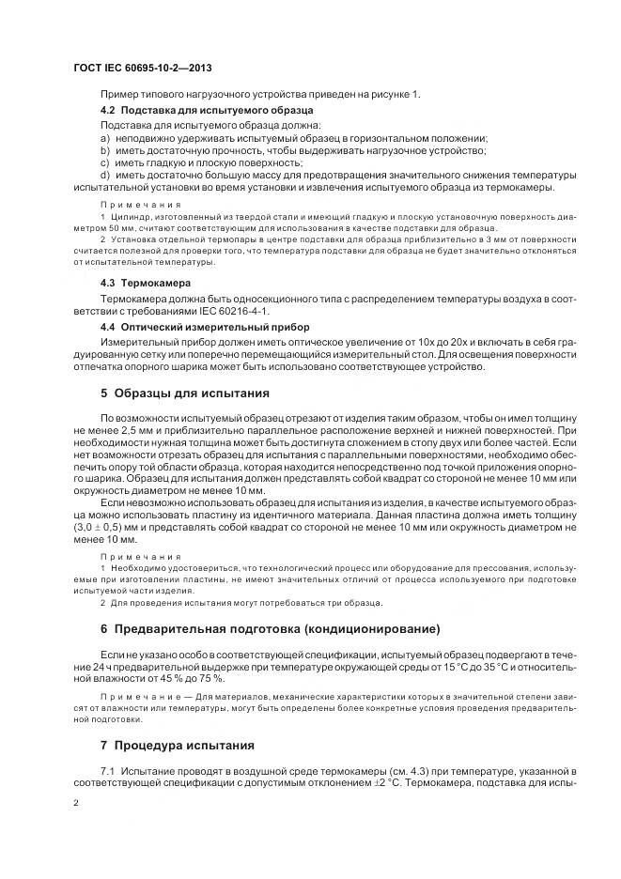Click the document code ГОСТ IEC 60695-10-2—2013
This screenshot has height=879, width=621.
coord(141,68)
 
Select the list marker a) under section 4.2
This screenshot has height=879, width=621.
coord(105,137)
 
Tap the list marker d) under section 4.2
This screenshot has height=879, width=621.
coord(105,174)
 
